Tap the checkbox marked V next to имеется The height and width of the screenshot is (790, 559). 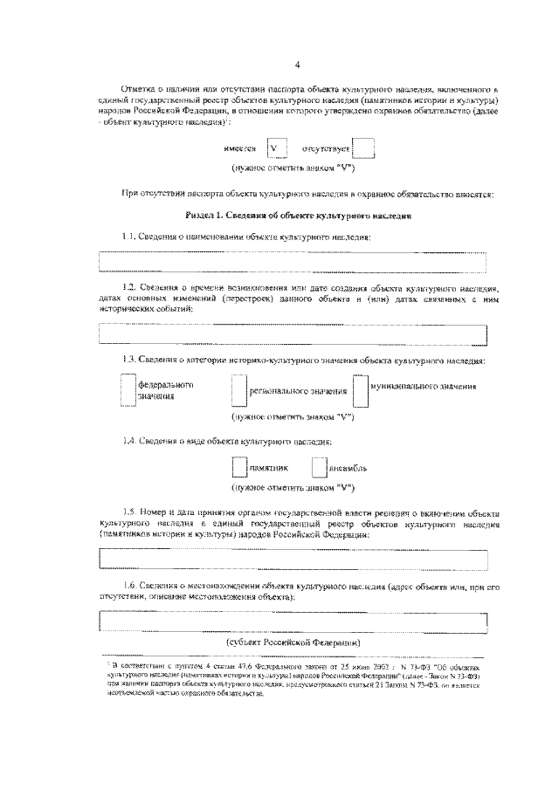click(278, 149)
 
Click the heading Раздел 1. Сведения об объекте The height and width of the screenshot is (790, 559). click(296, 215)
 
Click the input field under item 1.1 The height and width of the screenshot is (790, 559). click(292, 261)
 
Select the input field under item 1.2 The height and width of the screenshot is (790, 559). click(292, 333)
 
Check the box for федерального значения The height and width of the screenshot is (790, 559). click(128, 390)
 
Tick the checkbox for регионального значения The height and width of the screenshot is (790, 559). click(240, 390)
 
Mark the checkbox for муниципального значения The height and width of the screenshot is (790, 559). click(361, 390)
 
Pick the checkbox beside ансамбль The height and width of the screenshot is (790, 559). click(318, 467)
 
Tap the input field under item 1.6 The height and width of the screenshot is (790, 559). click(292, 621)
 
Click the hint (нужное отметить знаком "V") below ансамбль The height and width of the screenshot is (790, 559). click(292, 487)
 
